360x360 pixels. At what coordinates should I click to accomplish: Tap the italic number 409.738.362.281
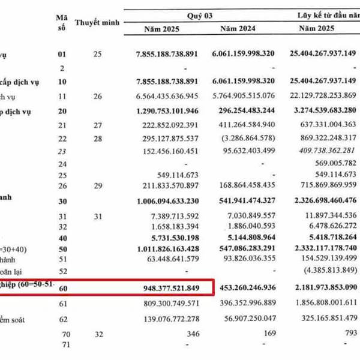(x=322, y=150)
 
